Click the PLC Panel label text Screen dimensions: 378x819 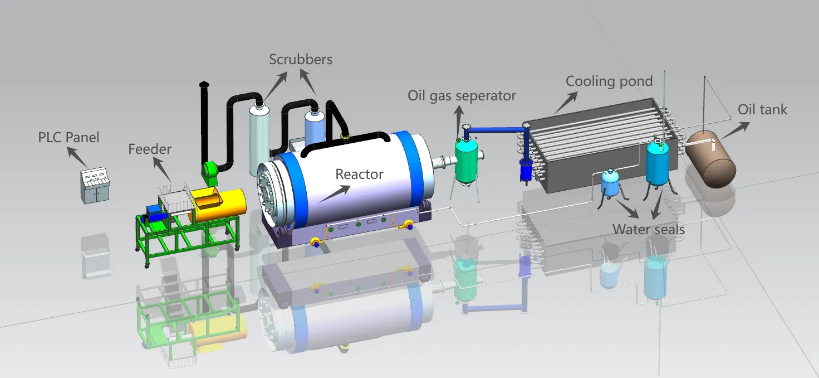(68, 137)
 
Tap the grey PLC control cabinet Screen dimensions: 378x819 (93, 186)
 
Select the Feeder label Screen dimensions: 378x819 (150, 149)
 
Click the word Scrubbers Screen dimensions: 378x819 (301, 60)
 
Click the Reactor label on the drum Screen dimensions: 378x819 (359, 175)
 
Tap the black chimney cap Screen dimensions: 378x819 (204, 85)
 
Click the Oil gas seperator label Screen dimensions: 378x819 (462, 96)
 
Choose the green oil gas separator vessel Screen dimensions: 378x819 (467, 159)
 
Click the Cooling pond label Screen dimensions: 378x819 (609, 81)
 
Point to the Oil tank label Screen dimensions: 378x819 (762, 109)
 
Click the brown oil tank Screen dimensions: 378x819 (711, 159)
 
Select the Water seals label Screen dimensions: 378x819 (649, 229)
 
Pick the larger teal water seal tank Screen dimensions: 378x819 (658, 164)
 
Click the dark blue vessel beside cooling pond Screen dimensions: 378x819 (526, 170)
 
